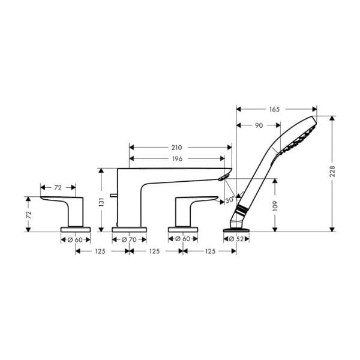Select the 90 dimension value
coord(258,125)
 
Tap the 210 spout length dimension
coord(176,147)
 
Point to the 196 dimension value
coord(176,158)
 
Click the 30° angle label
coord(229,199)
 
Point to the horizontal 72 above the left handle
coord(58,188)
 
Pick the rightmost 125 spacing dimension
coord(209,251)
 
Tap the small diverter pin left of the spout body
coord(112,196)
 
